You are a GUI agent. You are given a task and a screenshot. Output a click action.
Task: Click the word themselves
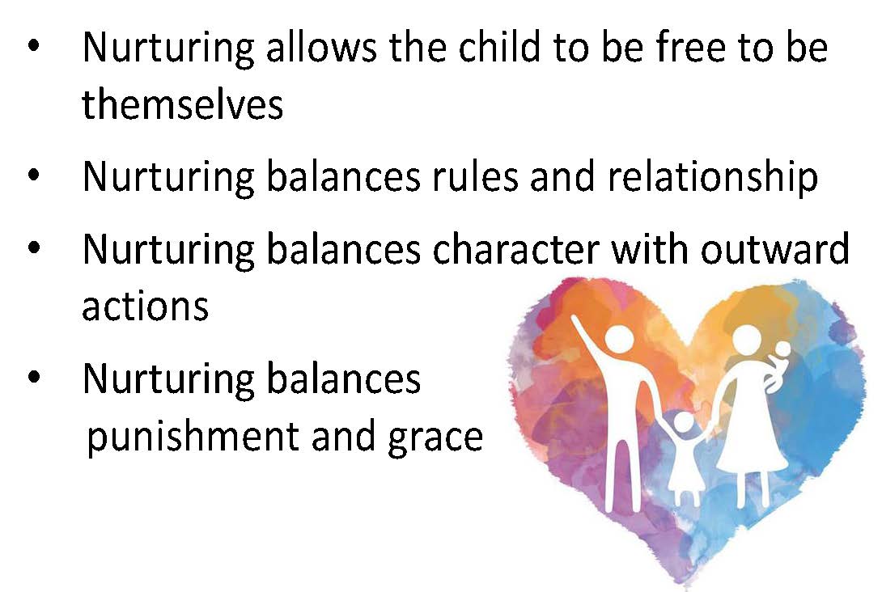182,104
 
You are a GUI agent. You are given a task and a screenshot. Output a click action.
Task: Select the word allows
321,46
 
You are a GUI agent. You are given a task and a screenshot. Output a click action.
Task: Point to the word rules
474,176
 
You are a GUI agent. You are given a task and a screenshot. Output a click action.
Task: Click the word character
515,248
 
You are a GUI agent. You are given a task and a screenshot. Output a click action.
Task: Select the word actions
145,306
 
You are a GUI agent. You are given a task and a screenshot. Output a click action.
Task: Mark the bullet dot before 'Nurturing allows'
34,46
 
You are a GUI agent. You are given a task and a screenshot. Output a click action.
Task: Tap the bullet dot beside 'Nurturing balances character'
34,247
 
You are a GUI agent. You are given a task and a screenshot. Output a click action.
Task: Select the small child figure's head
682,422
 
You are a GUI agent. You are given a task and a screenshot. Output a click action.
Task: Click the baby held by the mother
777,364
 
